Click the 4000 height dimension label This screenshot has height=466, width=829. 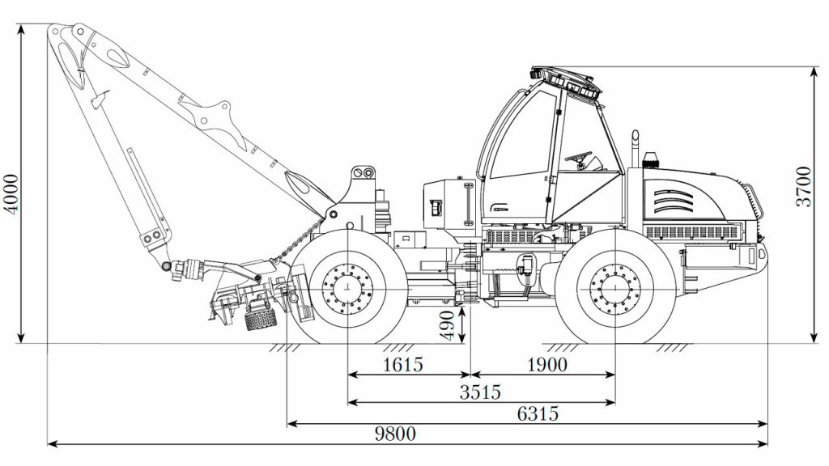[11, 193]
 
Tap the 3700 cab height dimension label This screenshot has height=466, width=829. [803, 186]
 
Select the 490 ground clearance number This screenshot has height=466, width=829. [447, 325]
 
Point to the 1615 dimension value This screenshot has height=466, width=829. [403, 364]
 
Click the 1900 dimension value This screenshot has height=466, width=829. [547, 364]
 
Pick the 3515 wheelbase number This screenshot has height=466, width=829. [480, 392]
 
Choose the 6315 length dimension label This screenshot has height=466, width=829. [538, 413]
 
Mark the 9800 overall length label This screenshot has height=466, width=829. [395, 434]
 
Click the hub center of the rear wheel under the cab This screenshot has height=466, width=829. [615, 290]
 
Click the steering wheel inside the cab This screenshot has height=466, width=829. [578, 156]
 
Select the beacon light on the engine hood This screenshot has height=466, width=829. [651, 160]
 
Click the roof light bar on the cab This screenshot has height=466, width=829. [564, 80]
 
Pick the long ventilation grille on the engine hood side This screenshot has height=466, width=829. [691, 232]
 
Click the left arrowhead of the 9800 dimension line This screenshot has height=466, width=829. [52, 444]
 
